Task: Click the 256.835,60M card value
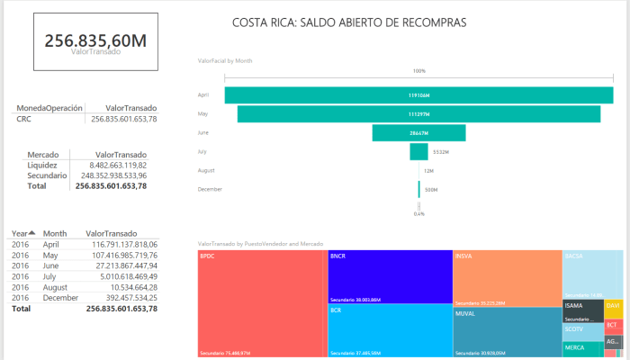94,40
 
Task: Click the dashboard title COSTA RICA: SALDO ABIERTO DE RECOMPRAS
349,22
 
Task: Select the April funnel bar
418,94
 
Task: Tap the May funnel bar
418,114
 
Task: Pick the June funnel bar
418,133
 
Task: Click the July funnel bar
418,152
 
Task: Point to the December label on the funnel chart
210,189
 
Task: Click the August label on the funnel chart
207,170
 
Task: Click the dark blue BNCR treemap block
390,276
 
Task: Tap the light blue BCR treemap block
390,330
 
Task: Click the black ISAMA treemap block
582,310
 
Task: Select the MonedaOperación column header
49,107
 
